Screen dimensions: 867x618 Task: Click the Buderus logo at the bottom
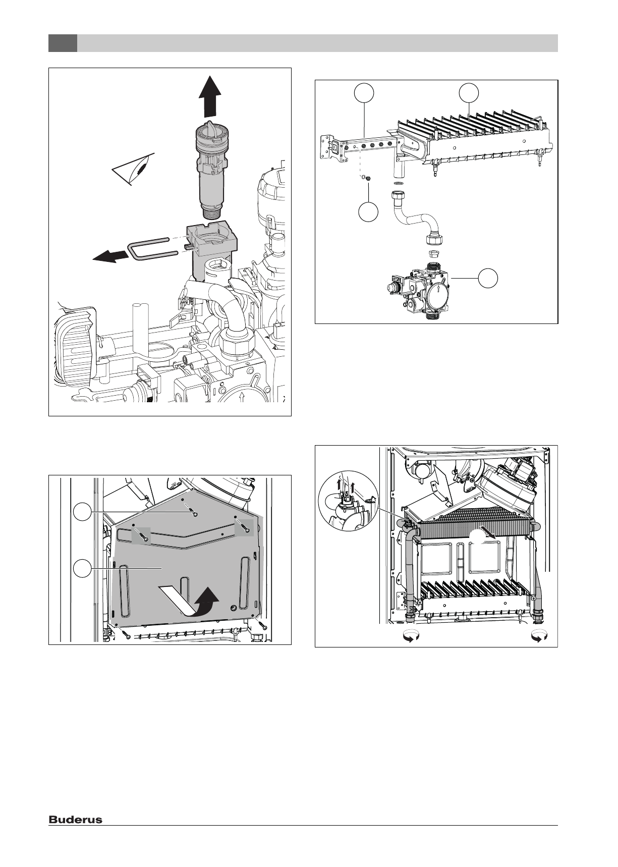coord(75,820)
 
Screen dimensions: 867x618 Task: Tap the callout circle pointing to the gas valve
coord(488,279)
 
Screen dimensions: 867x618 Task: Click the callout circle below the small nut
coord(368,212)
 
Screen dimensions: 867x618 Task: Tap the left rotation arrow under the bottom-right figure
coord(409,637)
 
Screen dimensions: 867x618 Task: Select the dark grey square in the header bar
coord(63,43)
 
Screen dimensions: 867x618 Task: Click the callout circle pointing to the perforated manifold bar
coord(364,93)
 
